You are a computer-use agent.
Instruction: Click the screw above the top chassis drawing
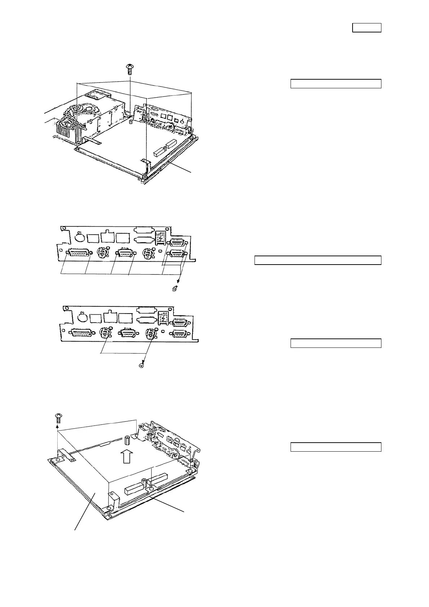point(129,68)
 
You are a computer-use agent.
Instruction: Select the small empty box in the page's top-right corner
point(366,28)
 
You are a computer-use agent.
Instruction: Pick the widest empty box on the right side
point(318,260)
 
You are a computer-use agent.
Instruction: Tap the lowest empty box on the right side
point(336,447)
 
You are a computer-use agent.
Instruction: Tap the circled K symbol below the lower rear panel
point(141,366)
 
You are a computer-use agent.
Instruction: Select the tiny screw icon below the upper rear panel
point(175,288)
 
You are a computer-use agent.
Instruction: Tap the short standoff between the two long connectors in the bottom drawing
point(144,481)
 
